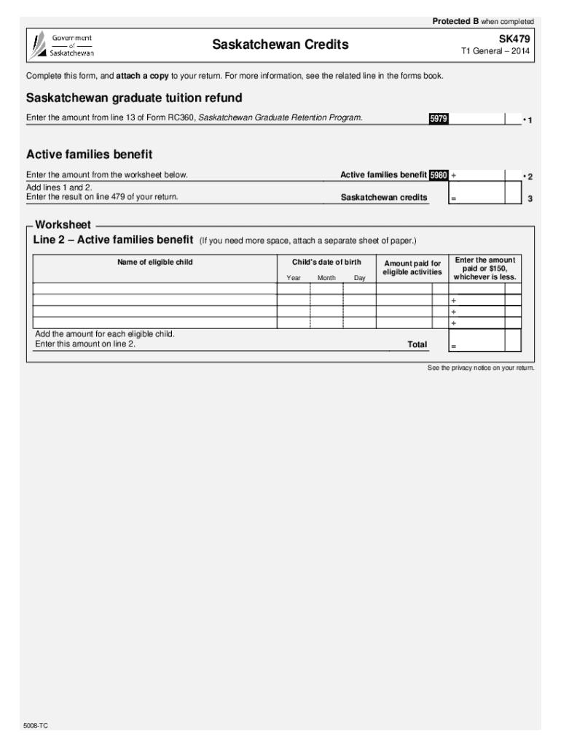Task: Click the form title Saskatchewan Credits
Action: [280, 45]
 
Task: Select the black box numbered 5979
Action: [438, 119]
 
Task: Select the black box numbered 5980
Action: [439, 176]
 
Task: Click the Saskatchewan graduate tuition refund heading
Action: [134, 98]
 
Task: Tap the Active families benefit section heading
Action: [89, 155]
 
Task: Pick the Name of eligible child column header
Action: [154, 262]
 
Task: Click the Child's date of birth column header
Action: [326, 262]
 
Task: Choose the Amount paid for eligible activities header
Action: [412, 267]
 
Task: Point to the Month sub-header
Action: [326, 278]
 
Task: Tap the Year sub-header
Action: [294, 278]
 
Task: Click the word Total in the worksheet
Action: [417, 344]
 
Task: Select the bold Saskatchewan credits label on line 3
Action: [384, 198]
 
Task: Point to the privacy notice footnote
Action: [481, 368]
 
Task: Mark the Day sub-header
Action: [360, 278]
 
